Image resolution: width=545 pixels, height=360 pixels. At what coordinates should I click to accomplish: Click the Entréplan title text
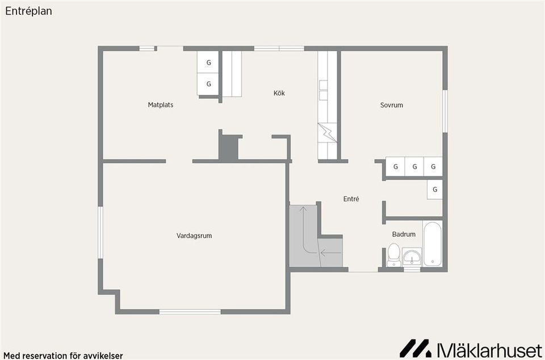tap(28, 11)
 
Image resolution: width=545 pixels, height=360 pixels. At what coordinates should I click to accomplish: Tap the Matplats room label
tap(161, 104)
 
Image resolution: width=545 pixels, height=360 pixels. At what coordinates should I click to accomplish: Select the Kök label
tap(279, 93)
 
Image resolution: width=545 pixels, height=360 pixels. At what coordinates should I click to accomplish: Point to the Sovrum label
tap(391, 105)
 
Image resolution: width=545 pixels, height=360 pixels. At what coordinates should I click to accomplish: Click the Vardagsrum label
tap(194, 236)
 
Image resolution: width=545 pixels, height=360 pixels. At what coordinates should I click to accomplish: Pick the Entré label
tap(351, 199)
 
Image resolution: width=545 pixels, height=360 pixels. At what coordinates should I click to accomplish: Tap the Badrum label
tap(404, 234)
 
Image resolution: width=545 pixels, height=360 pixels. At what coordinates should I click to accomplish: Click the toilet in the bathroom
tap(394, 255)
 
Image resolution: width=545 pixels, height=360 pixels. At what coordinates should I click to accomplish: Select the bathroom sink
tap(412, 257)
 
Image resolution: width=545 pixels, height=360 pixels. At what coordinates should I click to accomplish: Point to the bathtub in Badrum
tap(433, 244)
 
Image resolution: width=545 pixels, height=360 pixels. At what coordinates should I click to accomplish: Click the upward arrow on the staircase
tap(303, 229)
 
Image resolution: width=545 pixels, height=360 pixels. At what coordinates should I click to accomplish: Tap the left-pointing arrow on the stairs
tap(330, 253)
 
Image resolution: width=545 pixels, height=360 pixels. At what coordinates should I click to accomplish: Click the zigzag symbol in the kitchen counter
tap(328, 133)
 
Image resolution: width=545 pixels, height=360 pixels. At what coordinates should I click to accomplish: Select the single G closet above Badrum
tap(435, 190)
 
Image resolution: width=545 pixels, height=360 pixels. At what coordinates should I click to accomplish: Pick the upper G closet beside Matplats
tap(208, 62)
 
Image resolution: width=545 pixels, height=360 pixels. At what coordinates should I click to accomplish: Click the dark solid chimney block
tap(229, 147)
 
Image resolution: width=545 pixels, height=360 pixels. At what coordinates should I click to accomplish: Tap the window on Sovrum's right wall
tap(445, 111)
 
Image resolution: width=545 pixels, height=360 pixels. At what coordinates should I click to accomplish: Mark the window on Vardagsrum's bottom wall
tap(190, 312)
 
